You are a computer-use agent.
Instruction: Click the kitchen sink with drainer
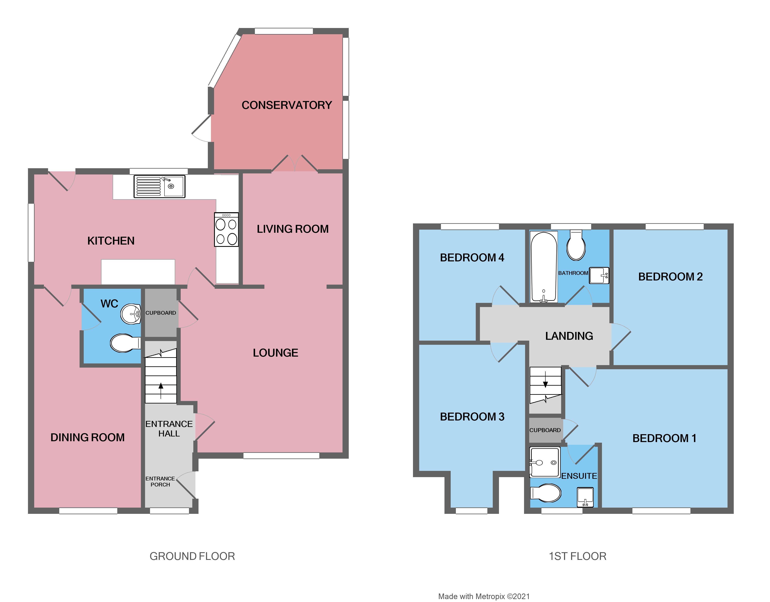159,187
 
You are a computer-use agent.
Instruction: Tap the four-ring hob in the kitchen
226,229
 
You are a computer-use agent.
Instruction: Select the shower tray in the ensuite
545,462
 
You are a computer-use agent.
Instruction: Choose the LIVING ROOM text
293,229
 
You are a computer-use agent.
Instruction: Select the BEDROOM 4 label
472,258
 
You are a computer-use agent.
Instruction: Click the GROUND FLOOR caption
192,557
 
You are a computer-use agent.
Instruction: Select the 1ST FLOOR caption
577,557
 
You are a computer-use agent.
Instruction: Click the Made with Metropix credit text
484,596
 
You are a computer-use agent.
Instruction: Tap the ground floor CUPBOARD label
161,313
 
